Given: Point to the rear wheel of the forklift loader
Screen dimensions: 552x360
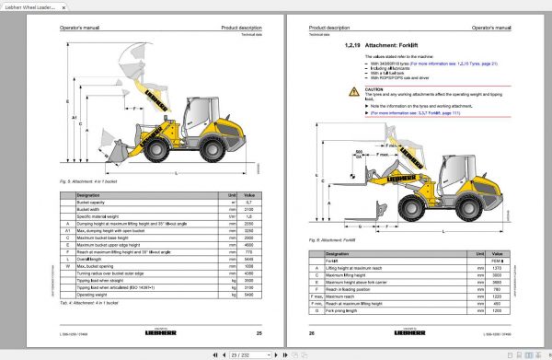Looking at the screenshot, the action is click(x=475, y=204).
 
